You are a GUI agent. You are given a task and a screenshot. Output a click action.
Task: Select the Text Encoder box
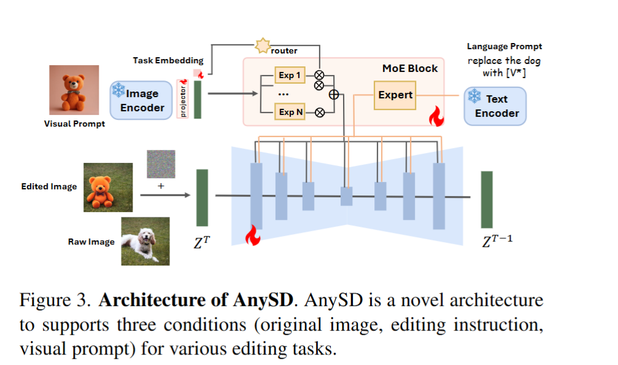tap(495, 106)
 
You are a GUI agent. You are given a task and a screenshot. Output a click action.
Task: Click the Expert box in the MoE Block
tap(395, 95)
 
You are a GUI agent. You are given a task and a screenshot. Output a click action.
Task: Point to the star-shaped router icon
tap(263, 45)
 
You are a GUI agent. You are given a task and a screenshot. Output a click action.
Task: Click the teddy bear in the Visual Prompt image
tap(74, 91)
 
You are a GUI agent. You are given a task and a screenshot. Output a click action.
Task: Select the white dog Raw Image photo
tap(145, 241)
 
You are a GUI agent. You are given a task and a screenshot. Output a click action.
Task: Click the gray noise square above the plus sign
tap(161, 165)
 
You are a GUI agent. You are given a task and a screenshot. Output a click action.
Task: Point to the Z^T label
tap(203, 241)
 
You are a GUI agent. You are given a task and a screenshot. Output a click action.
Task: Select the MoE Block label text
tap(410, 68)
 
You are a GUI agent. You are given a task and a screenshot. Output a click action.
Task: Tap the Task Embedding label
tap(168, 60)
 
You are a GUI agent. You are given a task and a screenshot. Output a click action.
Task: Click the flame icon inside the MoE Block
tap(436, 116)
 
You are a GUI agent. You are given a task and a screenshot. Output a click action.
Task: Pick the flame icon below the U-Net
tap(253, 235)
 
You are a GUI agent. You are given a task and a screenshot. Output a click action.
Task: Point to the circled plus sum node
tap(334, 95)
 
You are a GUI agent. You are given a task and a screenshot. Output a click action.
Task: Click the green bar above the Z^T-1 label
tap(487, 199)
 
